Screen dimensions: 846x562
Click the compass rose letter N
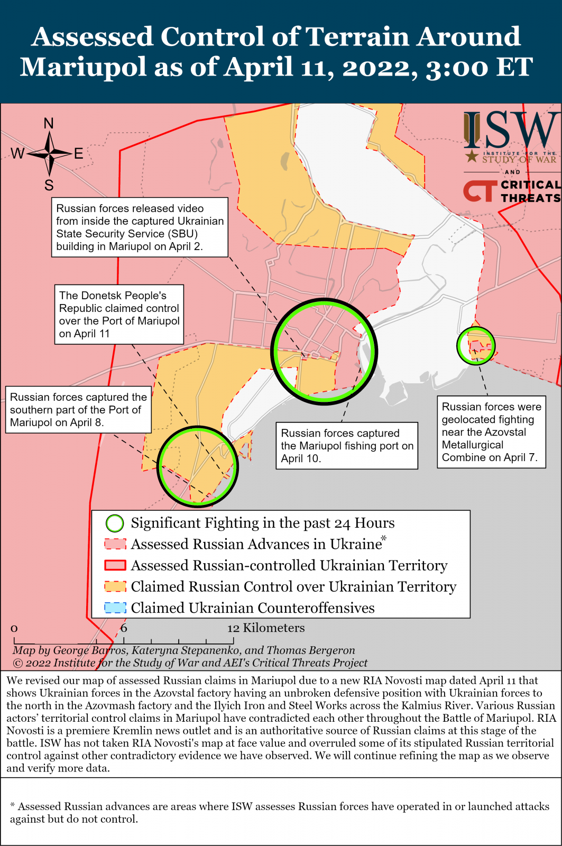49,124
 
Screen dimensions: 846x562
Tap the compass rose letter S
49,186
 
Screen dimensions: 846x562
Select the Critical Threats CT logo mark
480,191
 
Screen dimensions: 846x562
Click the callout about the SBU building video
140,227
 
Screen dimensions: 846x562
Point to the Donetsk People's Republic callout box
119,315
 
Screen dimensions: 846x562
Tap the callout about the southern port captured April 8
78,410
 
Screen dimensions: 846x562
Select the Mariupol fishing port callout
346,446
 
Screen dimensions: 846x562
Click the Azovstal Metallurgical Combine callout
491,432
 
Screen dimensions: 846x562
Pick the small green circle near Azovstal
476,346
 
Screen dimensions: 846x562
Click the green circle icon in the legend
115,523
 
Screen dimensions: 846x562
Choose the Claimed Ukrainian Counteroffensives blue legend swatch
115,608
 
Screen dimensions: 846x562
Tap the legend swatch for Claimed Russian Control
115,587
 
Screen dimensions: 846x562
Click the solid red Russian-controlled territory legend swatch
115,566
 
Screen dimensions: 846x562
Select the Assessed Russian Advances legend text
256,544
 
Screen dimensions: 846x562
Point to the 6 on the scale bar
124,628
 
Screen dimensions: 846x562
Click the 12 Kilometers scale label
266,628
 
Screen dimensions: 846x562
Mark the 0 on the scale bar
14,629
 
